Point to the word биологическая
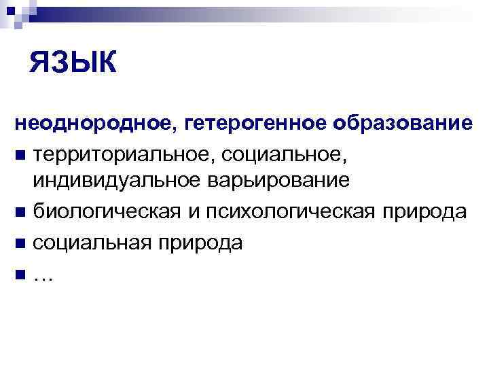[105, 211]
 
